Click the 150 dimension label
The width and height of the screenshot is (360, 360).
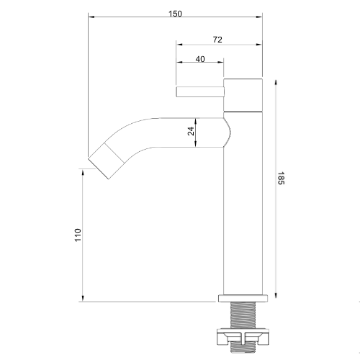[175, 14]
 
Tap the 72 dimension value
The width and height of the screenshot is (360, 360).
[217, 40]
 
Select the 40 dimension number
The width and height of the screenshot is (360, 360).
[200, 59]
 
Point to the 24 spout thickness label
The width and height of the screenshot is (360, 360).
[191, 131]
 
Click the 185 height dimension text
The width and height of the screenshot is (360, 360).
[281, 178]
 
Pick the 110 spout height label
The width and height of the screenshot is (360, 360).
[78, 235]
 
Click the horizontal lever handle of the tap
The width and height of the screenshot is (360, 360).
[200, 92]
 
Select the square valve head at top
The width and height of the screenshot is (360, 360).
[243, 95]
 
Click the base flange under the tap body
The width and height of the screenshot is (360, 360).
[243, 298]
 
